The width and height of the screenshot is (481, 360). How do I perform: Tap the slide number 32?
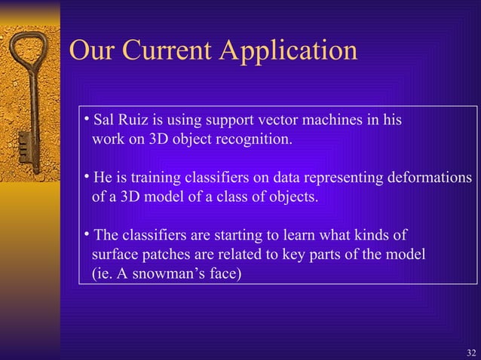(471, 352)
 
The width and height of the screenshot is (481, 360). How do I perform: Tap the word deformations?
(430, 178)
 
